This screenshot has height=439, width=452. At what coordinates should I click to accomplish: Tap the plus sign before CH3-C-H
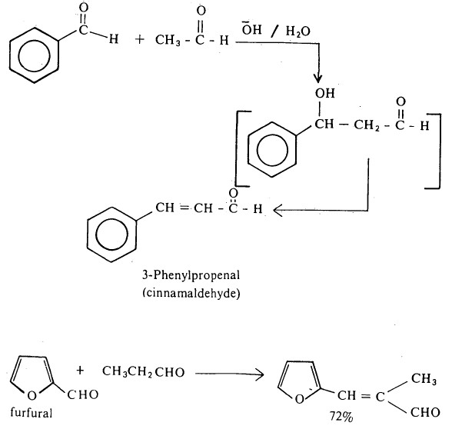(x=140, y=39)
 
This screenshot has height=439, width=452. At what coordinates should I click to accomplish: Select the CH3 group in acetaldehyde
(x=168, y=40)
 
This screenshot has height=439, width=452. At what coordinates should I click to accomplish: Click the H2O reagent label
(x=297, y=32)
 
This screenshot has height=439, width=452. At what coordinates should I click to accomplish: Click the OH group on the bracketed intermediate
(x=325, y=93)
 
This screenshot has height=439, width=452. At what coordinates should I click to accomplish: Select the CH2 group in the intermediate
(x=367, y=125)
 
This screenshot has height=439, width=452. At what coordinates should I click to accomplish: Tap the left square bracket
(x=237, y=148)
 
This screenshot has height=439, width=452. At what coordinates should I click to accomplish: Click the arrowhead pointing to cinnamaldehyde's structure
(x=278, y=210)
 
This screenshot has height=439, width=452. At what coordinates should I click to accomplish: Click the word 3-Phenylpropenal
(x=191, y=275)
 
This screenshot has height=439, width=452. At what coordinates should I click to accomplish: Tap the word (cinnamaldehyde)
(x=191, y=294)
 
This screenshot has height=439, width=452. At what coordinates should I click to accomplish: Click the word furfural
(x=31, y=413)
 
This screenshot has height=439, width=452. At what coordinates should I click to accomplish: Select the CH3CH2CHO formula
(x=143, y=372)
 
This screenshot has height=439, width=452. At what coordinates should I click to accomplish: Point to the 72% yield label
(x=341, y=417)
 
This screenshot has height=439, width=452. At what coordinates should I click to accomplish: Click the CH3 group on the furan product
(x=424, y=378)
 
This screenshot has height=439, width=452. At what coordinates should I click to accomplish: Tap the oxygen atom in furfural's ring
(x=32, y=395)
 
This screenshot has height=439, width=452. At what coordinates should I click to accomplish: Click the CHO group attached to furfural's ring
(x=83, y=394)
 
